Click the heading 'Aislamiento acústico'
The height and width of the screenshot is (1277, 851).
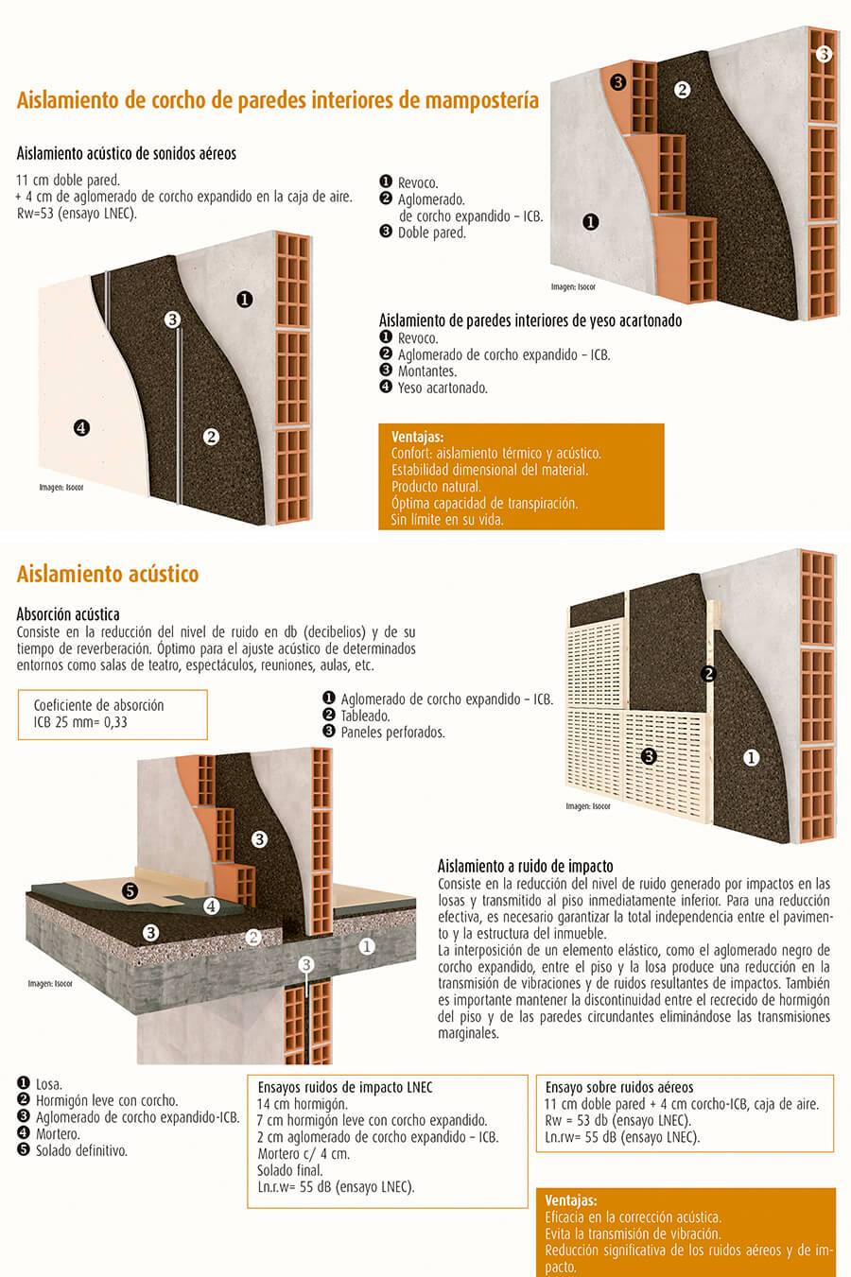(108, 574)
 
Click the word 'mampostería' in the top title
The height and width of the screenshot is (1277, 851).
(482, 100)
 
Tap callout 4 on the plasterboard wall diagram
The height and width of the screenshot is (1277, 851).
(82, 428)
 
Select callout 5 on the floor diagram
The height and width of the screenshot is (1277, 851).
(130, 890)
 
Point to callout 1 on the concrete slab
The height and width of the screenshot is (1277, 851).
(367, 945)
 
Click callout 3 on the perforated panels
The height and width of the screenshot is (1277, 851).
(649, 756)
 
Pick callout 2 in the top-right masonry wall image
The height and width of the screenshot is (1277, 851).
(682, 90)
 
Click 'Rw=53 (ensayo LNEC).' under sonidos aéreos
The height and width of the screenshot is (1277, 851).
(77, 214)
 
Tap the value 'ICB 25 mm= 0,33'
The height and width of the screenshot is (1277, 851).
(80, 722)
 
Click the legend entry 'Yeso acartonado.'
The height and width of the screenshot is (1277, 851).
(443, 388)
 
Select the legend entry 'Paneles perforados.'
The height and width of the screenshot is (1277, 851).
(392, 732)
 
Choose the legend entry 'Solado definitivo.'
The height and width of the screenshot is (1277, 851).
(81, 1150)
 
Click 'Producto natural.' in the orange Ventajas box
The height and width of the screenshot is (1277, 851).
(436, 487)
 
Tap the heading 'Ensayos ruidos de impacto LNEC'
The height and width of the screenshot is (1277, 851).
(345, 1087)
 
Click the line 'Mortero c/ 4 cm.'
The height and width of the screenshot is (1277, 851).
(304, 1153)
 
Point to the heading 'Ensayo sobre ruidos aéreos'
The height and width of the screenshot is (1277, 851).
(619, 1087)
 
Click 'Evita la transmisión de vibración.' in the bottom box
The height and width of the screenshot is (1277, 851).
(633, 1234)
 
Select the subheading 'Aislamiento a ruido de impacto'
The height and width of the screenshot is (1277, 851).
(525, 866)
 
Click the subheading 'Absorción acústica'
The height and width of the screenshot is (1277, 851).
(68, 614)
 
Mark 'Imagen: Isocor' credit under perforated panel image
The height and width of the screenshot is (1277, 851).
(588, 806)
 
